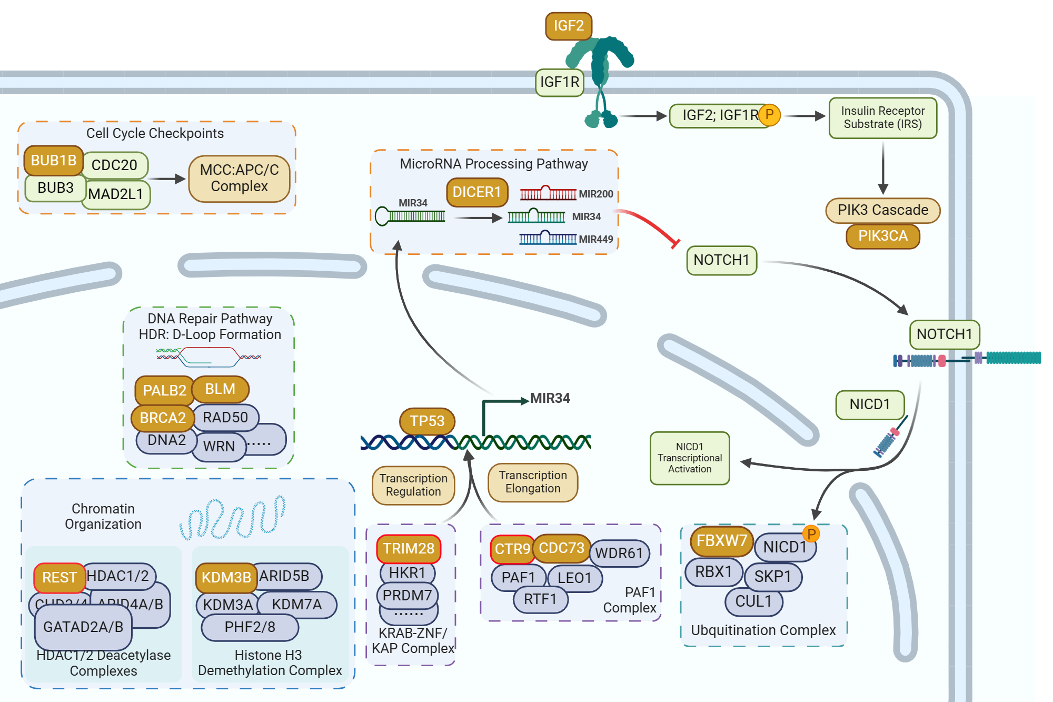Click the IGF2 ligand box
pos(569,26)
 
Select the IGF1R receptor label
pos(559,82)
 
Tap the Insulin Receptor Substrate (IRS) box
pos(882,118)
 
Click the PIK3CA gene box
pos(882,236)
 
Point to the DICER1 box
pos(476,192)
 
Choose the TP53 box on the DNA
pos(427,421)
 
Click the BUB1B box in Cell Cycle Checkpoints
pos(53,161)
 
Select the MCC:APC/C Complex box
pos(239,179)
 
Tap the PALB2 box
pos(164,390)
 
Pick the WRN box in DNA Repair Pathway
pos(218,447)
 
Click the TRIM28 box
pos(409,549)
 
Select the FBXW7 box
pos(721,541)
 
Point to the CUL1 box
pos(753,601)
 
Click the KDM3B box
pos(226,577)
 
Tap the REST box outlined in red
pos(59,578)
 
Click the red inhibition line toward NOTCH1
pos(647,224)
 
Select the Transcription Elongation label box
pos(533,482)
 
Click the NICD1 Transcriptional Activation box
pos(690,458)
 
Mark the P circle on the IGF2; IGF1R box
pos(769,115)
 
